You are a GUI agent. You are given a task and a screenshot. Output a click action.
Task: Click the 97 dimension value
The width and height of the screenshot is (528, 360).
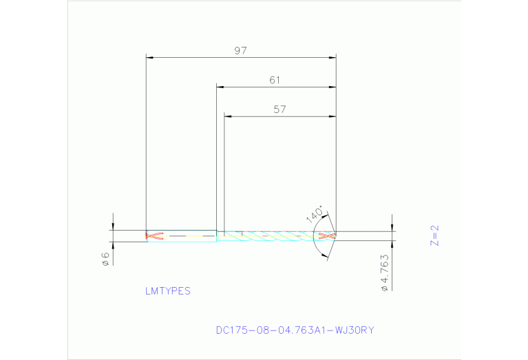click(x=240, y=50)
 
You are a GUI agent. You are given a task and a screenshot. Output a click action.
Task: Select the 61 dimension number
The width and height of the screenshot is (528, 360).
click(x=275, y=80)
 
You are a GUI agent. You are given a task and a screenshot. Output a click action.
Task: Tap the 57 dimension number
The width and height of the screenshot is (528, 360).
click(x=279, y=109)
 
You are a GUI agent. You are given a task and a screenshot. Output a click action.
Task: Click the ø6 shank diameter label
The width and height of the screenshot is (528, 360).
click(x=105, y=260)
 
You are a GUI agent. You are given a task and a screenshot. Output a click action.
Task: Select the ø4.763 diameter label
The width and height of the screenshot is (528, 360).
click(x=386, y=273)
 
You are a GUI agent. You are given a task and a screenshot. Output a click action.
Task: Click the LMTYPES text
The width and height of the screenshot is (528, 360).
click(x=167, y=291)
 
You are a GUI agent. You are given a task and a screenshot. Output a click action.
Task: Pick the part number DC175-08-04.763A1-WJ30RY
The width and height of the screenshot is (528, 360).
click(x=295, y=330)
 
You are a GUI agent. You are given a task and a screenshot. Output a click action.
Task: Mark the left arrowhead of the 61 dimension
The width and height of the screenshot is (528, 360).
click(x=220, y=87)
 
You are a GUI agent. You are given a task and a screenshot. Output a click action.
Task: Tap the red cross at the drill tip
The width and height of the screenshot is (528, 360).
click(x=328, y=236)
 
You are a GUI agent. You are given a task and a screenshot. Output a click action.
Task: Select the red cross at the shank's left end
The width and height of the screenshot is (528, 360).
click(x=154, y=235)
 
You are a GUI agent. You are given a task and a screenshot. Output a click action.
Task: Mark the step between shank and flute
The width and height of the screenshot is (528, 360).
click(x=217, y=235)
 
